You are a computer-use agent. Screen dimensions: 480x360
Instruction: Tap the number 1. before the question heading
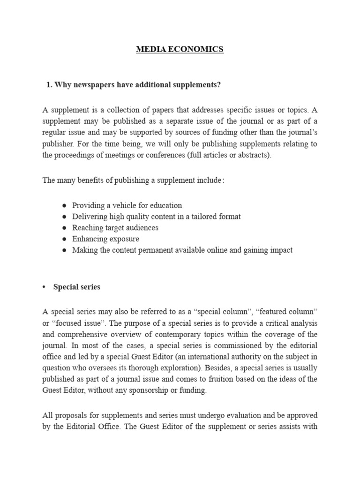[49, 84]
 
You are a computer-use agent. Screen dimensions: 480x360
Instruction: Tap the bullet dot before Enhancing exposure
[64, 239]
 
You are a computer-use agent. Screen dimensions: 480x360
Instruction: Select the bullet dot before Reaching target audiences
[64, 228]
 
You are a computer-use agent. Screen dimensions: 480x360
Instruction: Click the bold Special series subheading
[77, 287]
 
